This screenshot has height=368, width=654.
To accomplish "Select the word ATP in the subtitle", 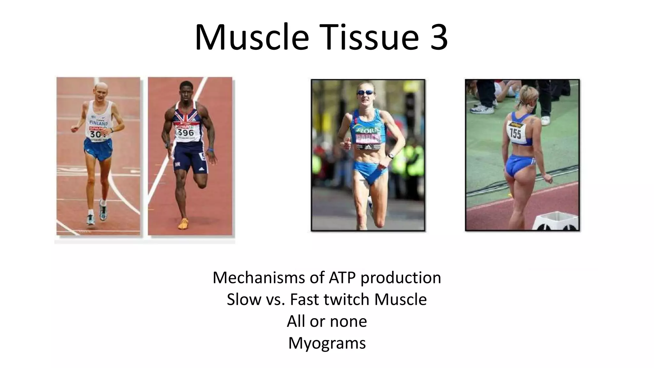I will click(x=342, y=277).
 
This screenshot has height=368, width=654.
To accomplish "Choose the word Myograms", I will click(x=327, y=343).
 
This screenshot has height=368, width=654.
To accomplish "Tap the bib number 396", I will click(x=186, y=132).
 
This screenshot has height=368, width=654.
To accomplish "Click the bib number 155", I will click(x=515, y=133).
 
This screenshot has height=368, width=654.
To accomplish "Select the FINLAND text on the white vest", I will click(x=98, y=123).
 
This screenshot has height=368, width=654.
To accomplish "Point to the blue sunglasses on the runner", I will click(x=366, y=93).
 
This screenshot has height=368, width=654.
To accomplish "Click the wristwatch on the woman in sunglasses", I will click(x=391, y=156).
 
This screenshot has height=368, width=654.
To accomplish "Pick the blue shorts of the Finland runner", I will click(x=98, y=149).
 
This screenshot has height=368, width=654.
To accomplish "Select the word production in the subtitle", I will click(x=401, y=277).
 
